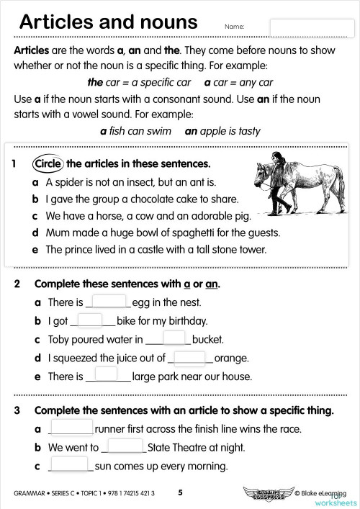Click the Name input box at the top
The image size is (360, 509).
310,27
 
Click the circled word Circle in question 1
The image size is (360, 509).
48,163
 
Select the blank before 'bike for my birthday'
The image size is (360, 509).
91,320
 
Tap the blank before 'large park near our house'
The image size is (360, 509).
106,374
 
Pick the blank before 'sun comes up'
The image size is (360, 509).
71,464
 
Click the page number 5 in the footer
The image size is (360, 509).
181,493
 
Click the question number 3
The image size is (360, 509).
16,410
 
